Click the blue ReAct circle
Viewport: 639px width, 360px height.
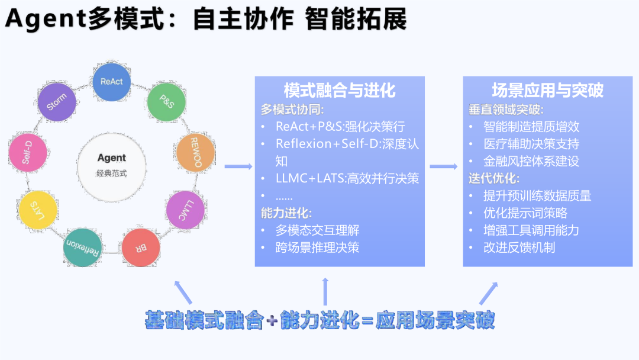(x=112, y=82)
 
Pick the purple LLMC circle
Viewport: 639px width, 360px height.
(x=185, y=210)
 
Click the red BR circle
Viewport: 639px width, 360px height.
(x=141, y=247)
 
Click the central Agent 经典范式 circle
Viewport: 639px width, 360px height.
(x=112, y=165)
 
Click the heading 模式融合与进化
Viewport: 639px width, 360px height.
(x=340, y=91)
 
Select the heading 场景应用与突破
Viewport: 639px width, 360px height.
(x=547, y=91)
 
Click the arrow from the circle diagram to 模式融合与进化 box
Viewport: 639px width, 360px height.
(x=238, y=167)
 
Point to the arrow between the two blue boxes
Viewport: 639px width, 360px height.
(x=444, y=167)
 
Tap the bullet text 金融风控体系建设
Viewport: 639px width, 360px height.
(x=531, y=161)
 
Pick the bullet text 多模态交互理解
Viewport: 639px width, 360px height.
(x=317, y=230)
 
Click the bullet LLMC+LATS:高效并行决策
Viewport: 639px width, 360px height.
(x=347, y=178)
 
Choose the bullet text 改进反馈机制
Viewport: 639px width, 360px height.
(x=519, y=247)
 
